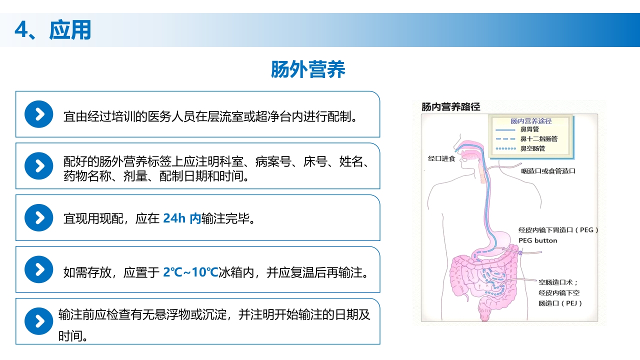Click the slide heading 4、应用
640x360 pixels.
click(52, 30)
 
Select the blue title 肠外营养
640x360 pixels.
click(308, 69)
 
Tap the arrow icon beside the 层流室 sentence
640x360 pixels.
click(38, 114)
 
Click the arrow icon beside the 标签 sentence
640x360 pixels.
click(38, 166)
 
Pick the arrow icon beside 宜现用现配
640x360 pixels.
click(38, 217)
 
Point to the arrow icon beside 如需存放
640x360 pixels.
click(38, 269)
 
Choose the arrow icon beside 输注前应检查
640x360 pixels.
click(38, 321)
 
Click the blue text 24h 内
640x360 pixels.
click(182, 218)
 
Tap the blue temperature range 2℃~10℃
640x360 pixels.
click(191, 272)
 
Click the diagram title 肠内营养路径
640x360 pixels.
click(451, 107)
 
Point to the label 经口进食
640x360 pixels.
click(441, 158)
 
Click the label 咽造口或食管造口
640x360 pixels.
click(548, 171)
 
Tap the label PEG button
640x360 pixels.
click(537, 240)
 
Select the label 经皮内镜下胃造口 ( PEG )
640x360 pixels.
click(558, 230)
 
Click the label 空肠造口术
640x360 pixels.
click(557, 282)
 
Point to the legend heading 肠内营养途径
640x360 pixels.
click(531, 121)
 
